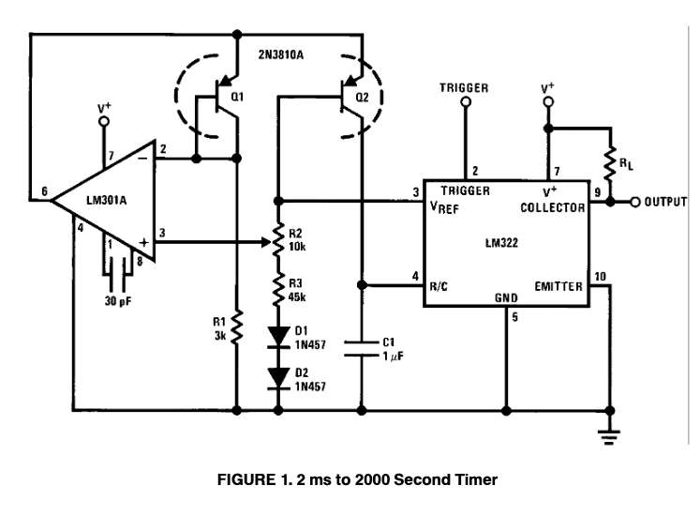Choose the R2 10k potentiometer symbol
278,240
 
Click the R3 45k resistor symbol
278,287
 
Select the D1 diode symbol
278,335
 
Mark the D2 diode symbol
278,378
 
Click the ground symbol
610,433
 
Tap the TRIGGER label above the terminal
464,88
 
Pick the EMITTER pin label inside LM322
559,285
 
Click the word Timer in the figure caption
474,479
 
